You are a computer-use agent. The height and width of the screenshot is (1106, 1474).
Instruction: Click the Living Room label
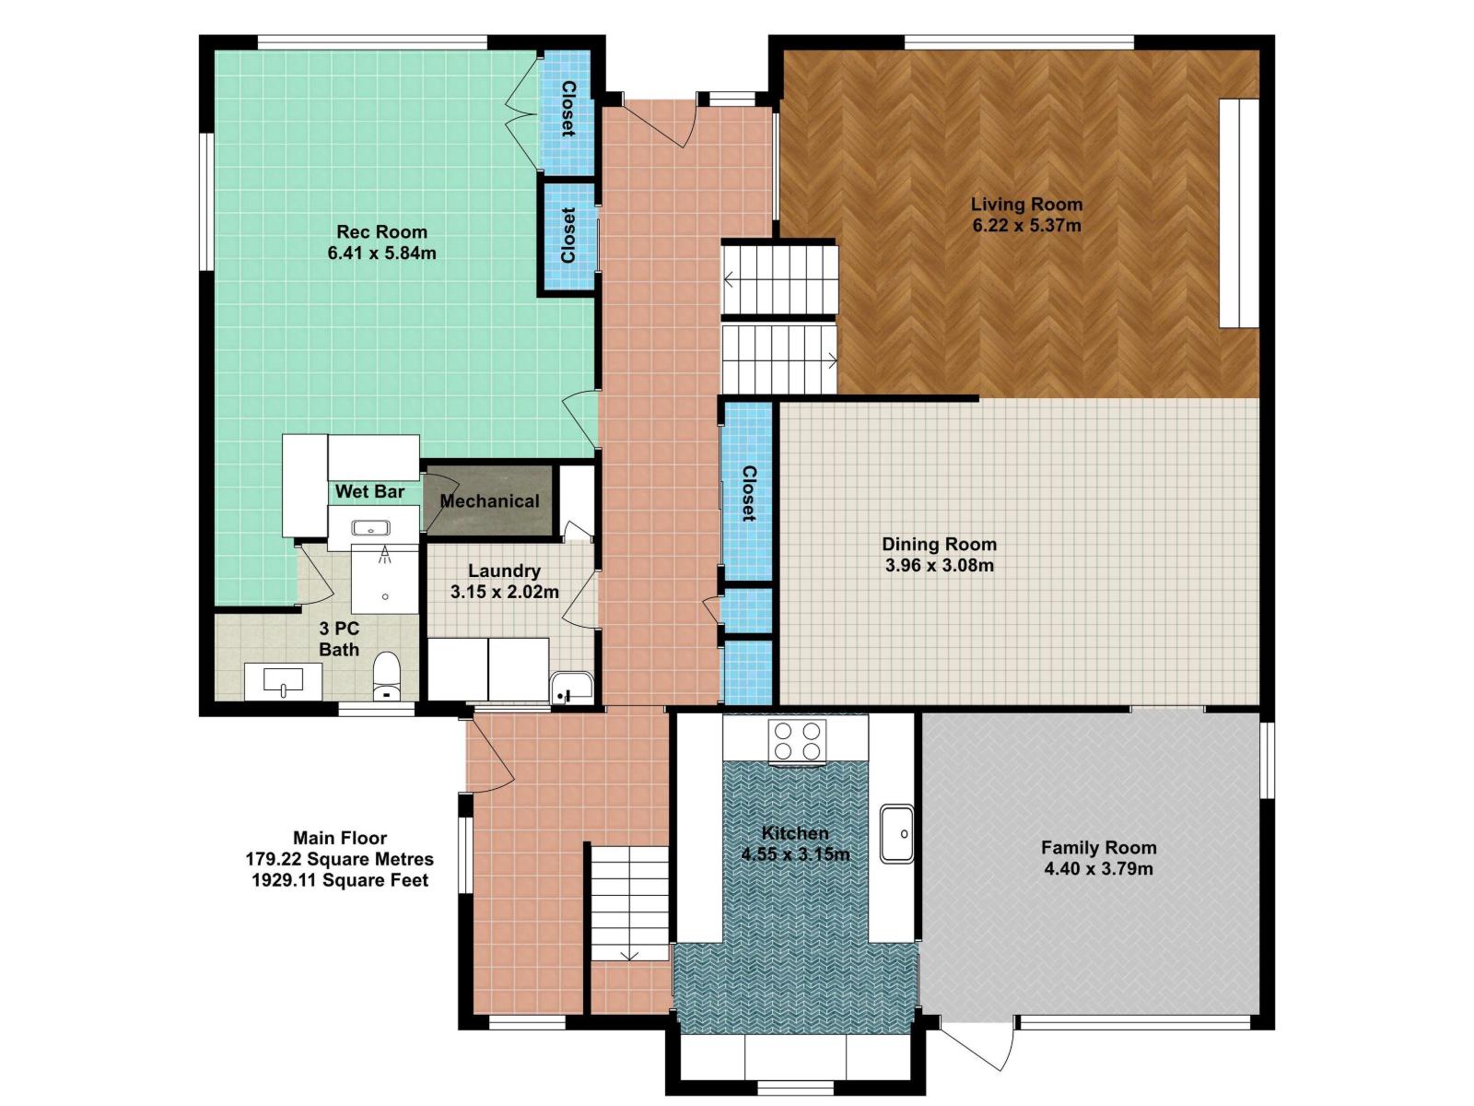point(1026,204)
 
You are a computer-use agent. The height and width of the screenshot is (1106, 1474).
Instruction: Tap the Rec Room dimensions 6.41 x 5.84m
point(381,253)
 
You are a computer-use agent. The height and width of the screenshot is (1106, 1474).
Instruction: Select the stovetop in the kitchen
point(797,741)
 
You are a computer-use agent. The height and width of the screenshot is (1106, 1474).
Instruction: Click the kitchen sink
point(896,833)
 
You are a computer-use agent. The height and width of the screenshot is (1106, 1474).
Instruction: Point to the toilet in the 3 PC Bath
point(386,677)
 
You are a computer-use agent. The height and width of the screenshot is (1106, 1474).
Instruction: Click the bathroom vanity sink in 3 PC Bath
point(283,682)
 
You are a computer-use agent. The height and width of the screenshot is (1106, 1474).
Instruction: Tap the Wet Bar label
point(369,491)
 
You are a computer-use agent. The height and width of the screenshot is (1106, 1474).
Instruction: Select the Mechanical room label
point(489,501)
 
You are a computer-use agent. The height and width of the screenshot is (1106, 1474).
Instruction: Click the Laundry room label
point(504,571)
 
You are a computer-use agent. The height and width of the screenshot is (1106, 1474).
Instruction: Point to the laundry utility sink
point(571,688)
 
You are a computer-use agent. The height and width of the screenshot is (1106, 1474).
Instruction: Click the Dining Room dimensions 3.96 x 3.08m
point(939,565)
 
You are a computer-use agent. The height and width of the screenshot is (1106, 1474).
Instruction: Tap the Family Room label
point(1099,847)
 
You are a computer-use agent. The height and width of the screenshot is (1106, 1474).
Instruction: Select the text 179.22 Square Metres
point(339,859)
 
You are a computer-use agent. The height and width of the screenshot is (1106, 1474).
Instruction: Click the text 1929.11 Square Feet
point(340,880)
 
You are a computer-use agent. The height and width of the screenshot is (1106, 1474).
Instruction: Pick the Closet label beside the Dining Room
point(748,494)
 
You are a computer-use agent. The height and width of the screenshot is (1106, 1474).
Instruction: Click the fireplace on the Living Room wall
point(1239,213)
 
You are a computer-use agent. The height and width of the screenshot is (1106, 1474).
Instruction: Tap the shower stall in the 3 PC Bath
point(385,578)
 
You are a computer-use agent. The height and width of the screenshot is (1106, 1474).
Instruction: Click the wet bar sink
point(370,528)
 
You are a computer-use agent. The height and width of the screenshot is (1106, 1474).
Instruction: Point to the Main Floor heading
point(340,838)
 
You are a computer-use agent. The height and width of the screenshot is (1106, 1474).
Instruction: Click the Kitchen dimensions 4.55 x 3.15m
point(796,855)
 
